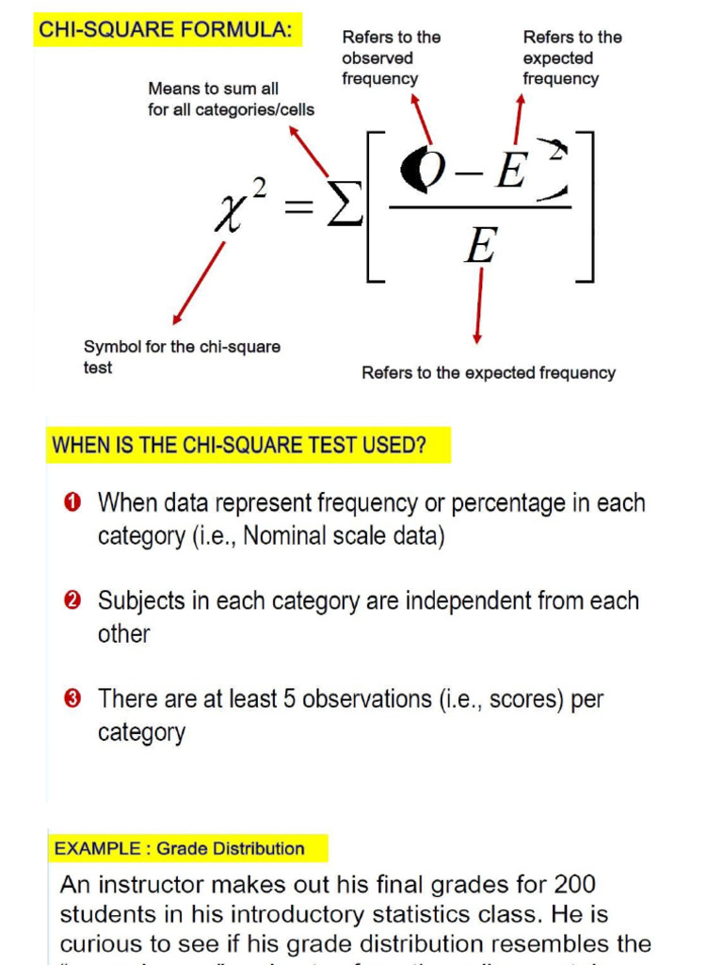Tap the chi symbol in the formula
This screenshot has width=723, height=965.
[230, 210]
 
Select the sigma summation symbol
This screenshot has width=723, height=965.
[344, 207]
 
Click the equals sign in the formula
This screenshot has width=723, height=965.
[298, 208]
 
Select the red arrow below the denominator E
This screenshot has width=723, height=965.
[479, 304]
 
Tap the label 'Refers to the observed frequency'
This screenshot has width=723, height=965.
[391, 57]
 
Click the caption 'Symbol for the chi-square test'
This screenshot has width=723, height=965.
[182, 357]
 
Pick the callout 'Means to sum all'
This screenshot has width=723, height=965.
[214, 89]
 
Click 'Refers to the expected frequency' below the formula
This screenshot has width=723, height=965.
[488, 373]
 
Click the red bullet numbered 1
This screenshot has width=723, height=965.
[73, 502]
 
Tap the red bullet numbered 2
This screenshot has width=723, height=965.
[73, 600]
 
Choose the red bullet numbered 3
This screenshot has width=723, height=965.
[73, 698]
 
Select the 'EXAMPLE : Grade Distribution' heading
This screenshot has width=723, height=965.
[179, 848]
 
